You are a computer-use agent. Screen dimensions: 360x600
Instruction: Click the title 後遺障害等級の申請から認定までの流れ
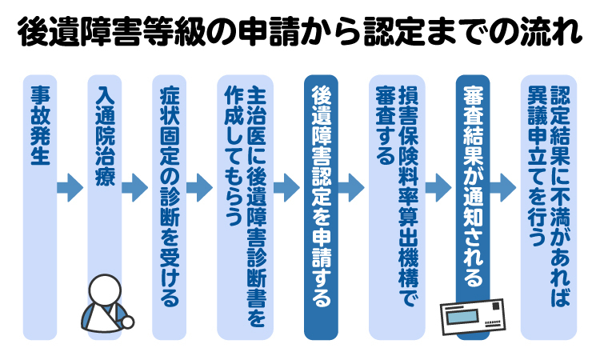pos(300,34)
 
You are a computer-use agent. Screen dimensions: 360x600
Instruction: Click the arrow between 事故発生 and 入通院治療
pos(70,189)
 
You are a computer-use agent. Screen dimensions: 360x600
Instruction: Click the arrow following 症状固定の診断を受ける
pos(199,189)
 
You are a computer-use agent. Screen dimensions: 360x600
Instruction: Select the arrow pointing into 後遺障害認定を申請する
pos(286,189)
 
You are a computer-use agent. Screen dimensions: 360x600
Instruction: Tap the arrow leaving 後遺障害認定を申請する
pos(351,189)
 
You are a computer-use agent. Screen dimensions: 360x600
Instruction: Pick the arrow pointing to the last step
pos(502,189)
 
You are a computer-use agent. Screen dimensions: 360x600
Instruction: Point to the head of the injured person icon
pos(104,290)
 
